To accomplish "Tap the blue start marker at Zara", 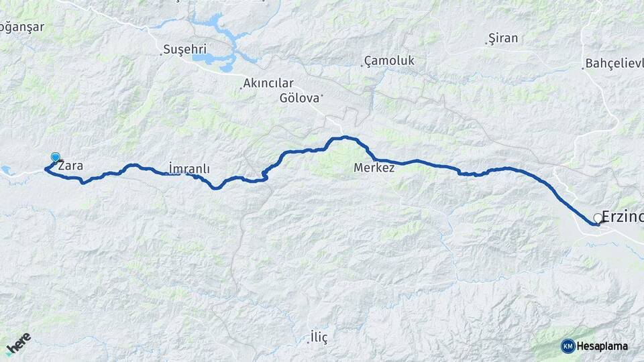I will pos(55,157).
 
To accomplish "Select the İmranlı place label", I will pos(189,168).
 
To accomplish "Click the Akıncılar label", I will pos(268,84).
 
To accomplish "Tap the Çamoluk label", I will pos(389,61).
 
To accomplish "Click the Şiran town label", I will pos(503,38).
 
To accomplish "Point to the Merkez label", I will pos(374,168).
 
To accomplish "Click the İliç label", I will pos(319,337).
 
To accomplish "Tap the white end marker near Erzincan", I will pos(598,218).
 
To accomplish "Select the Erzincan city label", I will pos(623,216).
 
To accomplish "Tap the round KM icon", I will pos(568,346).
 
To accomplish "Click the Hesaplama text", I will pos(602,346).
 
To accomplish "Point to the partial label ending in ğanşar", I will pos(22,27).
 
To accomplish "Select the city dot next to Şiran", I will pos(486,44).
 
